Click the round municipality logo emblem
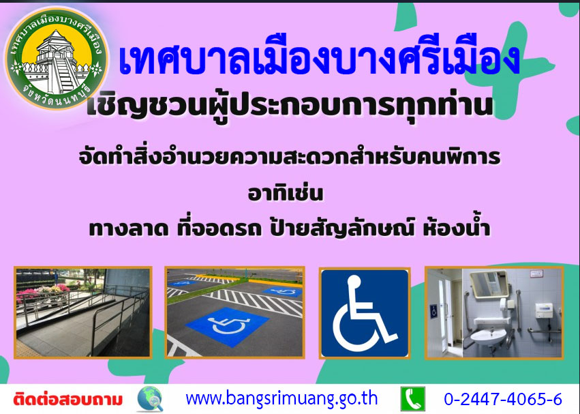coord(57,58)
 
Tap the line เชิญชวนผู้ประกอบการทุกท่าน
coord(290,106)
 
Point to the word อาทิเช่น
coord(286,193)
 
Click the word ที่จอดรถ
coord(219,228)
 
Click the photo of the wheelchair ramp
coord(83,312)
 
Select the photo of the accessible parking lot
coord(234,312)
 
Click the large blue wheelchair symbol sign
coord(365,313)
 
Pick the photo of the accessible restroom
coord(494,312)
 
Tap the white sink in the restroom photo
coord(488,337)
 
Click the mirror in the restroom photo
coord(489,284)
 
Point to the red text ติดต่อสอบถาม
coord(67,400)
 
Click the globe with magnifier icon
coord(150,399)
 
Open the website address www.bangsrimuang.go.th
coord(281,399)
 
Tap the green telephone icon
coord(413,399)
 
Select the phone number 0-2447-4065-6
coord(503,399)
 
